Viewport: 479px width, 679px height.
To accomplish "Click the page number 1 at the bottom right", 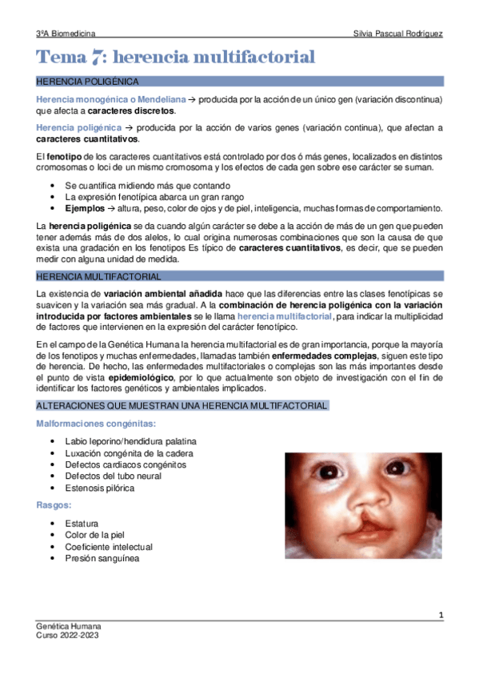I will [x=441, y=614].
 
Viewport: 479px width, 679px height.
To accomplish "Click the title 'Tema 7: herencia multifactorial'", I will [x=176, y=57].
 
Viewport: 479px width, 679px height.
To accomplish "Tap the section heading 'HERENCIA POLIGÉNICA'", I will [x=89, y=82].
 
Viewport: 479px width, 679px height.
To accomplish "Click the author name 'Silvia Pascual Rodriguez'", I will [x=397, y=34].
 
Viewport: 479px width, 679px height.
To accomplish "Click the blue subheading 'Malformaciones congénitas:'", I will [x=96, y=423].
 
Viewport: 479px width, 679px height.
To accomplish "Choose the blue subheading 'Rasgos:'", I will [x=53, y=505].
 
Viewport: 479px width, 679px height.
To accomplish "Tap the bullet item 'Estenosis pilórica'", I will [x=100, y=488].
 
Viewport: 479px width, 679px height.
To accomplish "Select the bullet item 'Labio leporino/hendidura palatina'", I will [x=131, y=441].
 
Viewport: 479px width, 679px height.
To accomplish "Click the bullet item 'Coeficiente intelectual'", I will [x=109, y=547].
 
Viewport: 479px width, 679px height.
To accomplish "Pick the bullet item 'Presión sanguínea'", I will [x=102, y=558].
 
